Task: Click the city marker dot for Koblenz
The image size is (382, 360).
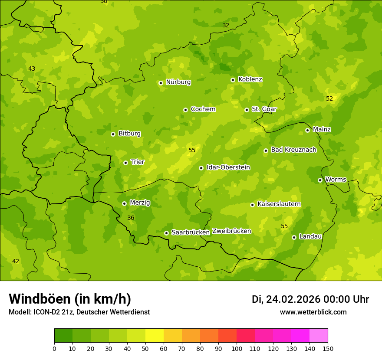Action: pyautogui.click(x=233, y=80)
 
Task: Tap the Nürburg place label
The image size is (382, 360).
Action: pyautogui.click(x=178, y=82)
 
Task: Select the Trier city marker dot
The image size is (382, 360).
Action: pyautogui.click(x=125, y=163)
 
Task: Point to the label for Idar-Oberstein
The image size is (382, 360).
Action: pyautogui.click(x=228, y=167)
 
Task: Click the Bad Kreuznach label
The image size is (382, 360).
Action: pyautogui.click(x=293, y=150)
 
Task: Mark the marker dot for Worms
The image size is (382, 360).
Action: pyautogui.click(x=320, y=180)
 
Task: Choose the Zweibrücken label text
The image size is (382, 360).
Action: pyautogui.click(x=231, y=231)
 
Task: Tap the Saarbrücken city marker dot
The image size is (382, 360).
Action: pyautogui.click(x=166, y=233)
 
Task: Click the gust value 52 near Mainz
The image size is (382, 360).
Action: pyautogui.click(x=329, y=98)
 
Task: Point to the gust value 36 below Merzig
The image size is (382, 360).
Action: pyautogui.click(x=131, y=218)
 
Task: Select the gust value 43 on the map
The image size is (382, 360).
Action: pyautogui.click(x=32, y=69)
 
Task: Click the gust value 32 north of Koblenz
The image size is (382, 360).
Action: pyautogui.click(x=226, y=25)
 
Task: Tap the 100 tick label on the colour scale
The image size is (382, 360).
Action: pyautogui.click(x=237, y=349)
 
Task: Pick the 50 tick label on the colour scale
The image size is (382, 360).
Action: pyautogui.click(x=145, y=349)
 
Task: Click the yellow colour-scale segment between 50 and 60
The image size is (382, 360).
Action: pyautogui.click(x=155, y=336)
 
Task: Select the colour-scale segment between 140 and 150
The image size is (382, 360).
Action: pyautogui.click(x=319, y=336)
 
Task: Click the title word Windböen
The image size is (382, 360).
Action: pyautogui.click(x=40, y=299)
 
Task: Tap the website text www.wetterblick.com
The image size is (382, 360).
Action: pyautogui.click(x=313, y=312)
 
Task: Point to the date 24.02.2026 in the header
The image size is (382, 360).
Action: pyautogui.click(x=293, y=299)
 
